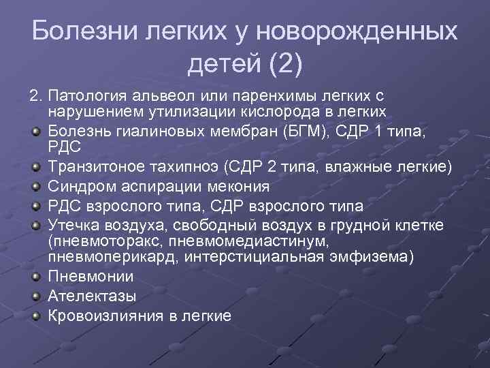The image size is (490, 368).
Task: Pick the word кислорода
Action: coord(272,110)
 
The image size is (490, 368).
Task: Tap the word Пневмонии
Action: coord(91,277)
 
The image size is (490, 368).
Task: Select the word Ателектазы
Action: coord(92,296)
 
